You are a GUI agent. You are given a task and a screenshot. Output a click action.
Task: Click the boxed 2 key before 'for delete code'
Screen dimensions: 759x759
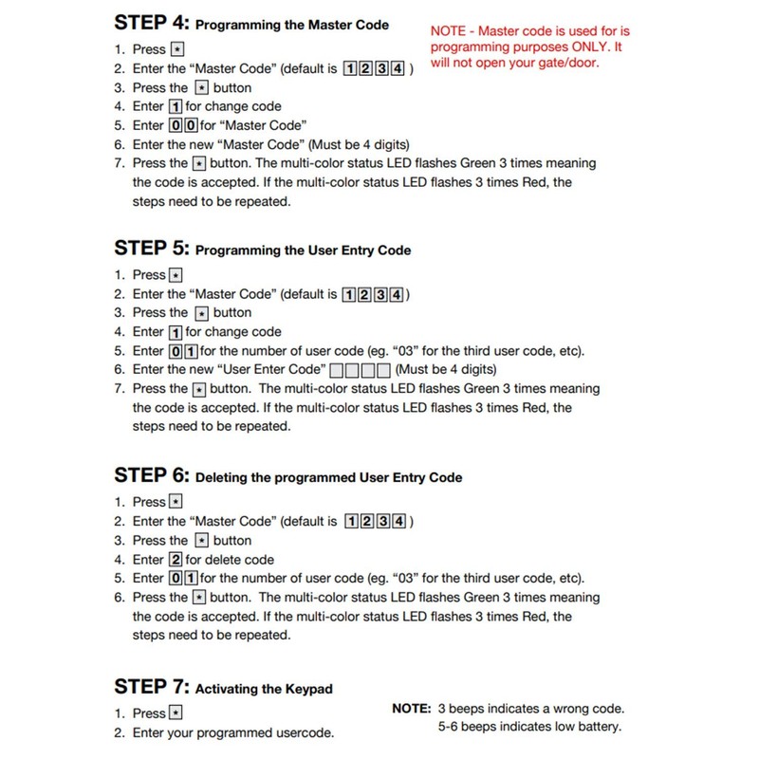[x=175, y=560]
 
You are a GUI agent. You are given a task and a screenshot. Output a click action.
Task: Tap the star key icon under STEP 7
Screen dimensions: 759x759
[x=176, y=713]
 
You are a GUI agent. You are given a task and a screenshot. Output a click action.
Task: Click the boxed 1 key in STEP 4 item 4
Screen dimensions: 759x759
[x=175, y=105]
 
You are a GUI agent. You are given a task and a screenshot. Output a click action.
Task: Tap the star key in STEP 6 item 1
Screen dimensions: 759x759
[x=176, y=502]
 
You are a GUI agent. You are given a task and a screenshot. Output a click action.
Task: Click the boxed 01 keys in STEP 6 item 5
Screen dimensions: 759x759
[x=183, y=579]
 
